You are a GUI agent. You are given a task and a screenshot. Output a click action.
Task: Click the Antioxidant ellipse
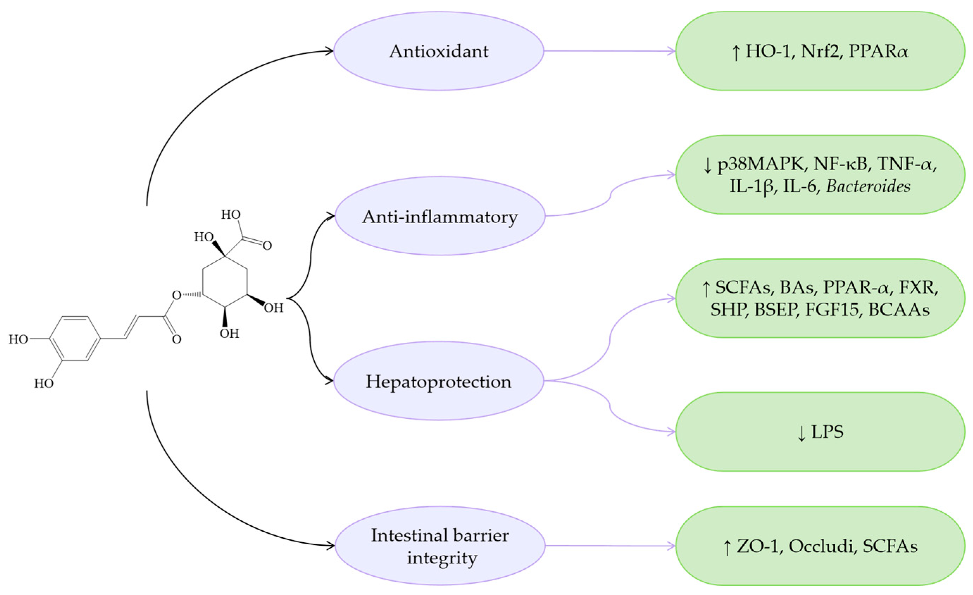(x=438, y=51)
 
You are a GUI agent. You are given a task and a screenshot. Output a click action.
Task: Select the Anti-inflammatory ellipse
(x=440, y=216)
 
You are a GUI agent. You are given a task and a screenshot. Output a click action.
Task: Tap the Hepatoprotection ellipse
(x=438, y=381)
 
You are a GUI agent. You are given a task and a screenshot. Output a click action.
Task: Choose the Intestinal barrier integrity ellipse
(x=440, y=546)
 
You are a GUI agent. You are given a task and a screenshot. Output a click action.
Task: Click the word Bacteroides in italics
(x=868, y=186)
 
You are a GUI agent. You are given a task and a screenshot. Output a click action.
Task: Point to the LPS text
(x=827, y=431)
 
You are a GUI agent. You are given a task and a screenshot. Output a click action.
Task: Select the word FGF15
(x=831, y=310)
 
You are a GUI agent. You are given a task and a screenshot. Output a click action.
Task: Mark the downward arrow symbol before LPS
(x=801, y=433)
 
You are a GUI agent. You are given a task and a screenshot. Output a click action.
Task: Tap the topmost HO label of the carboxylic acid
(x=231, y=214)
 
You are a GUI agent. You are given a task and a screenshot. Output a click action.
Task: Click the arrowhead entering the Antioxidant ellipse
(x=330, y=51)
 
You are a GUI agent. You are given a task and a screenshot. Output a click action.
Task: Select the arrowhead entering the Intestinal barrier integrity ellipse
(x=331, y=546)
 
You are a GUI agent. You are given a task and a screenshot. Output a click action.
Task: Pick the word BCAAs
(x=899, y=310)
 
